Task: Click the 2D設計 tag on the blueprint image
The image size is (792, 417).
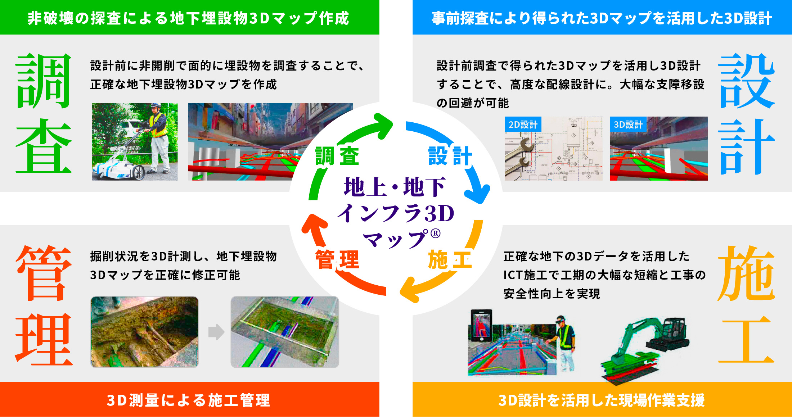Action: point(523,124)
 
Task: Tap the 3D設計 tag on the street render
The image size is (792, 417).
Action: point(628,124)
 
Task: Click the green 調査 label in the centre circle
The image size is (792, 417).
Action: point(337,156)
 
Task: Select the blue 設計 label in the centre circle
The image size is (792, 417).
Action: point(450,156)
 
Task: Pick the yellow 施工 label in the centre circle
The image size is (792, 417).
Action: point(450,259)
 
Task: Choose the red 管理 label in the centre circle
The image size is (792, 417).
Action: point(337,259)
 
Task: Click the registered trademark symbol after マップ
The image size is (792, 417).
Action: point(436,234)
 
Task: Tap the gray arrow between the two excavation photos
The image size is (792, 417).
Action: point(216,332)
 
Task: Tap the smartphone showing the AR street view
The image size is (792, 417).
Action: point(482,326)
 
